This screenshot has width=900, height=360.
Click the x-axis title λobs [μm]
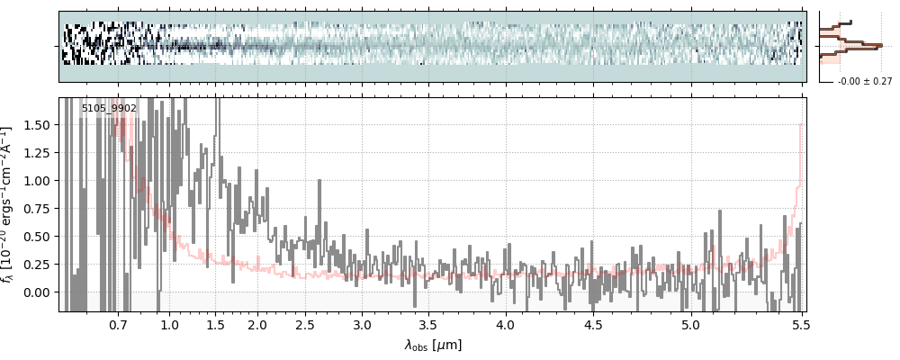433,345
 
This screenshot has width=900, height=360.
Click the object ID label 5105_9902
109,108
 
